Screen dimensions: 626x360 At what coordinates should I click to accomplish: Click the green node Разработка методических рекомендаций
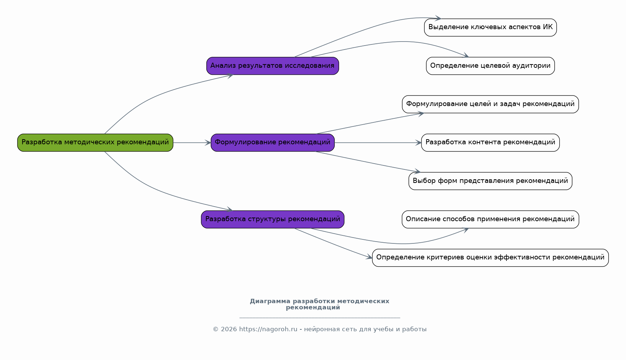click(95, 142)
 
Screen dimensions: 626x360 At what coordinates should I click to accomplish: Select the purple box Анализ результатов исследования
click(273, 66)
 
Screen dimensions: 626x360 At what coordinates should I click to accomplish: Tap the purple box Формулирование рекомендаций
click(273, 142)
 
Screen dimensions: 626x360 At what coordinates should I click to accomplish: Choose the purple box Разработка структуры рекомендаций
click(273, 219)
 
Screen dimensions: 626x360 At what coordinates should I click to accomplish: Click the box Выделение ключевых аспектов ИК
click(490, 27)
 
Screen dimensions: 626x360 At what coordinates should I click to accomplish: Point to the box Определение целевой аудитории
click(490, 66)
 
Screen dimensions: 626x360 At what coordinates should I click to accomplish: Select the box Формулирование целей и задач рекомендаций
click(490, 104)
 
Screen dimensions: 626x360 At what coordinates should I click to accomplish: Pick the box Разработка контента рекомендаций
click(490, 142)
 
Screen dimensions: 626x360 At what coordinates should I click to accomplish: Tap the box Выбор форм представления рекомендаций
click(490, 181)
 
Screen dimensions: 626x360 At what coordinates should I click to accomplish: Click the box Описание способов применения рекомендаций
click(490, 219)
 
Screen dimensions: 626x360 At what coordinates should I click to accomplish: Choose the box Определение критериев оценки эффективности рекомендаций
click(490, 258)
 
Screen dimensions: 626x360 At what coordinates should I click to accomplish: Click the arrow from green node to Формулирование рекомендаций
click(192, 142)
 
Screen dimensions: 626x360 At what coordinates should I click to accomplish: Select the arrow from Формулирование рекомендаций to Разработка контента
click(378, 142)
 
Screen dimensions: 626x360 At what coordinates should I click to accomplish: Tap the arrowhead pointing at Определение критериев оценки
click(369, 257)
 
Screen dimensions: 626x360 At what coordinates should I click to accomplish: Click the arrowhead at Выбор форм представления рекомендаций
click(417, 171)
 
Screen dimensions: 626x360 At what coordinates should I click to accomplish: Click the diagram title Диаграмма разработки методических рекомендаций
click(319, 304)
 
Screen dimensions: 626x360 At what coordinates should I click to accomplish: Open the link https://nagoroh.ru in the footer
click(268, 329)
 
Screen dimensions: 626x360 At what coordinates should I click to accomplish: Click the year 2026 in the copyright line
click(229, 329)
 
